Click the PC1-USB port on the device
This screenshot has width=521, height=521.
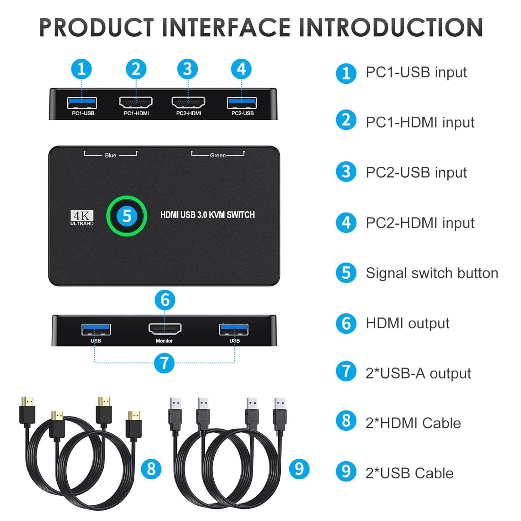82,103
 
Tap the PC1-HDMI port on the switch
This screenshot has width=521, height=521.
136,102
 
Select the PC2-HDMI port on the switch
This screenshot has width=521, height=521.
188,102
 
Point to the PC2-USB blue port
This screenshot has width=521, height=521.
242,103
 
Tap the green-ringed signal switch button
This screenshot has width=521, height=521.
126,216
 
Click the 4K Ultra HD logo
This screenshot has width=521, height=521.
82,218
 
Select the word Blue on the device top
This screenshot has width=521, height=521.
110,155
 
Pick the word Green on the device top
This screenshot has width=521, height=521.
218,155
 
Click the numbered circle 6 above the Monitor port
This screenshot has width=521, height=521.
165,300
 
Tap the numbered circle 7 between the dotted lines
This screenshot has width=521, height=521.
164,363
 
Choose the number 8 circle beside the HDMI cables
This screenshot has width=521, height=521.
151,469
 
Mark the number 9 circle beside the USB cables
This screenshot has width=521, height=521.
299,469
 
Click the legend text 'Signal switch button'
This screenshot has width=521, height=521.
432,273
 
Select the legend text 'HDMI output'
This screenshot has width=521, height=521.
407,323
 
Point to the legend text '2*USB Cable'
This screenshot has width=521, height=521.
410,473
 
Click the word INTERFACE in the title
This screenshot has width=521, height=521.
226,27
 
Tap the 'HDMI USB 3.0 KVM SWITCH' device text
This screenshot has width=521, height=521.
207,215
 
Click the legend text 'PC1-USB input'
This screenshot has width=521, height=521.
416,72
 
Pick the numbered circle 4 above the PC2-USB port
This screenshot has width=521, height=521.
241,69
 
